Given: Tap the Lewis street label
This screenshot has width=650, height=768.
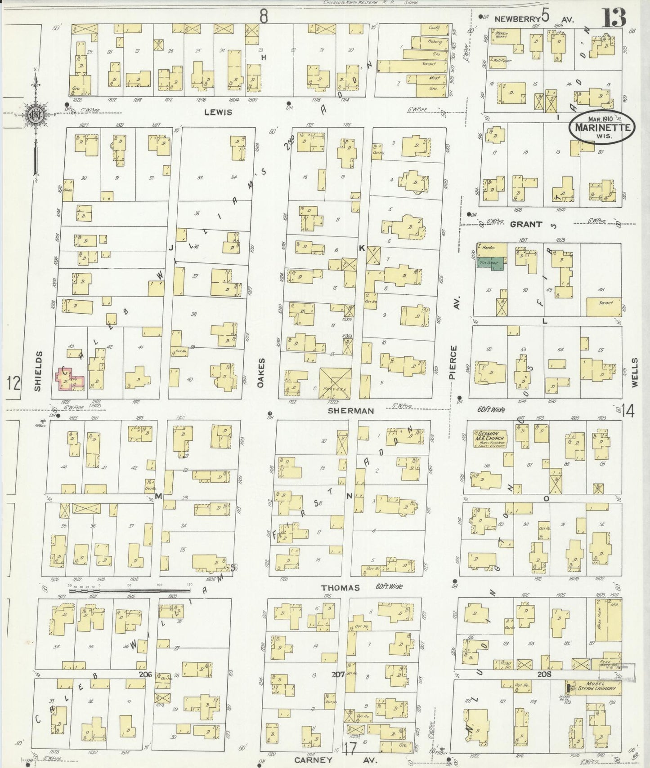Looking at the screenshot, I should [218, 112].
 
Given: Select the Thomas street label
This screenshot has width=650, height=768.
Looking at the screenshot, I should [340, 588].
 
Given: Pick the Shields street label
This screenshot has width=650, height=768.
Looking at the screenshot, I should [38, 371].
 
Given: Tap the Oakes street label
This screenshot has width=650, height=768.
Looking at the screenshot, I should [261, 372].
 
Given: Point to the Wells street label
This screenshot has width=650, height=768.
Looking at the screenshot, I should [635, 372].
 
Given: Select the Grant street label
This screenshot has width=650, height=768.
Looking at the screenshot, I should [526, 224].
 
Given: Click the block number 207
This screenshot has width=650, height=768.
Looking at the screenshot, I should [338, 674].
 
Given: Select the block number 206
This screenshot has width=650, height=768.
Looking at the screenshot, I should [145, 674].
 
